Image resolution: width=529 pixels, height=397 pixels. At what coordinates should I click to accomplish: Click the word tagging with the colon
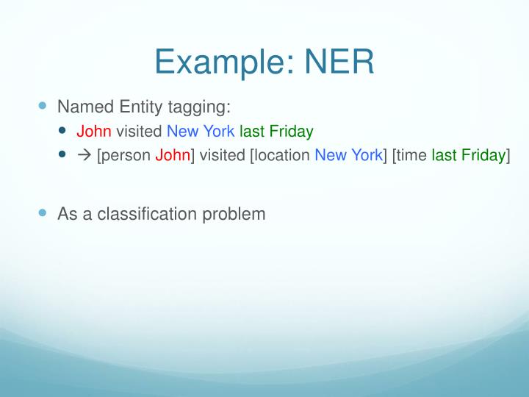click(198, 107)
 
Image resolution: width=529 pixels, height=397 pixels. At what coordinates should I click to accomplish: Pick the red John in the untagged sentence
click(94, 132)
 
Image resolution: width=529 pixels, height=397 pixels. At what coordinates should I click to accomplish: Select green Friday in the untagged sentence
click(291, 132)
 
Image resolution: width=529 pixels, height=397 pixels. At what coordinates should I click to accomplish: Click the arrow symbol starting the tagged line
click(83, 156)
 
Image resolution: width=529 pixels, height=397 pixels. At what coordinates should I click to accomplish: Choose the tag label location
click(282, 156)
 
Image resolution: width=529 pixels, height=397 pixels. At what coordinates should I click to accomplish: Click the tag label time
click(412, 156)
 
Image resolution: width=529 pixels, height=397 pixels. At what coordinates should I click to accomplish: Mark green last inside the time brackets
click(443, 156)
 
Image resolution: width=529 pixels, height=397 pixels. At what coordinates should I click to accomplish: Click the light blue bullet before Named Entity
click(42, 107)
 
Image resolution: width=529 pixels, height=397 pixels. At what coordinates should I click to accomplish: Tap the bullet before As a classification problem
click(42, 213)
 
